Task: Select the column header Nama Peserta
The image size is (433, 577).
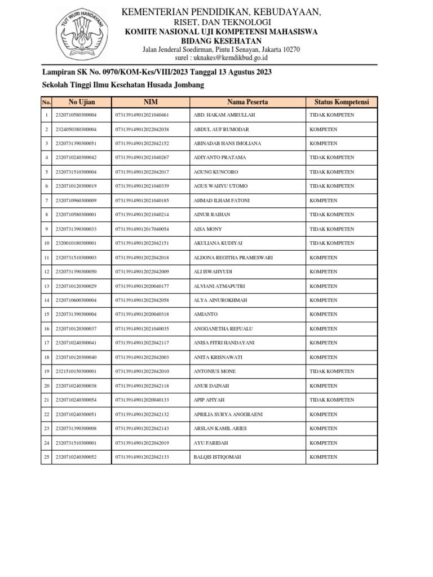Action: [x=248, y=102]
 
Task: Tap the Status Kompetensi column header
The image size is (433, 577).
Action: [x=341, y=102]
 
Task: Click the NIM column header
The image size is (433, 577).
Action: [x=151, y=102]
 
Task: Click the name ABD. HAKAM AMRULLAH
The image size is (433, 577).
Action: [x=224, y=115]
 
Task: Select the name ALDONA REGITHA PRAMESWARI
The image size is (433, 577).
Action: [x=233, y=258]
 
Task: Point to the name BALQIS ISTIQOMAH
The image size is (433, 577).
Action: [x=217, y=457]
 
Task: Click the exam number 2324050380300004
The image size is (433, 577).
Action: [x=76, y=130]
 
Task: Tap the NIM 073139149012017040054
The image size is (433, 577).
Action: [x=142, y=229]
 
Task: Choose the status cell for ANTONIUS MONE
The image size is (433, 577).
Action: [x=332, y=371]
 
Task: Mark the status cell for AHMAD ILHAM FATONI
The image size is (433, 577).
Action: [x=324, y=201]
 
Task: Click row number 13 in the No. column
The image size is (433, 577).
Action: [x=46, y=286]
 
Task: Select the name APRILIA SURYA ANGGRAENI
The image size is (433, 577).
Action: [x=228, y=414]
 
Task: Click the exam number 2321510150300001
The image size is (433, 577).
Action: [x=76, y=371]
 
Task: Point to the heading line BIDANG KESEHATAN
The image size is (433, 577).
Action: [x=220, y=41]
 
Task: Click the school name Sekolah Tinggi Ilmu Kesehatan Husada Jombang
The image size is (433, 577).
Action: [x=123, y=85]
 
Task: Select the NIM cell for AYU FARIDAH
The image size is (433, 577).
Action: [x=142, y=443]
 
